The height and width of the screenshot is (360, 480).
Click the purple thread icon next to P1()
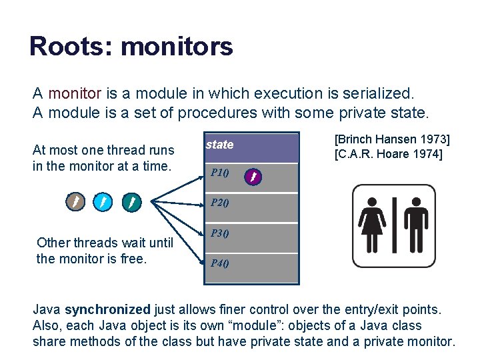253,177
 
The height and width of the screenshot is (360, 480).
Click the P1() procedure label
219,174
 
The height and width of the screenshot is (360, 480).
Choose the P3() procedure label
219,233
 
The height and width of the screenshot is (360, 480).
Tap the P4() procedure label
219,263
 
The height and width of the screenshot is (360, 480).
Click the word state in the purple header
219,145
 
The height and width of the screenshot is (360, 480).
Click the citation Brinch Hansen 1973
392,139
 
